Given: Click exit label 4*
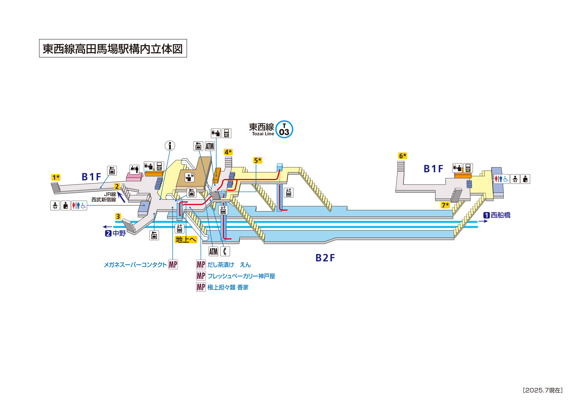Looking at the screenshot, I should [x=228, y=152].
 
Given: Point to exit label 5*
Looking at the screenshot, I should [x=258, y=160].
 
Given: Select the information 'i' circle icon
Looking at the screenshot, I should [x=170, y=146].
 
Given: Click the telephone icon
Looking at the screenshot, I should [x=225, y=251].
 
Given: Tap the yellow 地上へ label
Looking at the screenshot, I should [x=186, y=239].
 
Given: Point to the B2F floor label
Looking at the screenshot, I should [x=325, y=258].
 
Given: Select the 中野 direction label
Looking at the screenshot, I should [x=116, y=233].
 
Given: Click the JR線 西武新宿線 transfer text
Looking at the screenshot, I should [x=104, y=197].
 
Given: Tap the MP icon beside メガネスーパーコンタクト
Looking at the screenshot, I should [x=173, y=264].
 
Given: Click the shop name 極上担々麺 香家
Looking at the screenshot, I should [x=228, y=287].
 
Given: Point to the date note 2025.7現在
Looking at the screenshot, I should [x=543, y=390].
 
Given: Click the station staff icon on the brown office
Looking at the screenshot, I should [x=190, y=177].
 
